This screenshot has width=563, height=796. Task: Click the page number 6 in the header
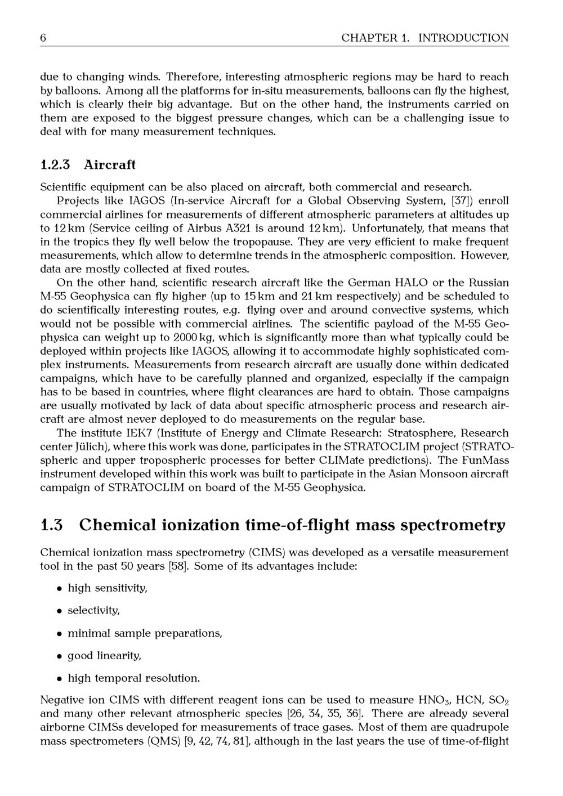pyautogui.click(x=43, y=38)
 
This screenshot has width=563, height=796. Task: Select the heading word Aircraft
pyautogui.click(x=110, y=165)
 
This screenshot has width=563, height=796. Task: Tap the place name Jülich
pyautogui.click(x=94, y=447)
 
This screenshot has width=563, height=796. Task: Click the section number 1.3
pyautogui.click(x=52, y=525)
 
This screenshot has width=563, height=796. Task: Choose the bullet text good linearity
pyautogui.click(x=105, y=656)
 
